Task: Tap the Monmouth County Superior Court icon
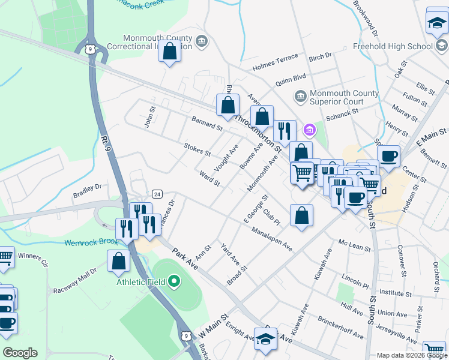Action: pos(300,96)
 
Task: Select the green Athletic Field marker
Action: pos(174,281)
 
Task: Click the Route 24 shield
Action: pos(157,194)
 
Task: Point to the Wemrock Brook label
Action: pos(91,244)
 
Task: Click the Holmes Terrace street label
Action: pos(275,58)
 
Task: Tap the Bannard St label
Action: pos(207,128)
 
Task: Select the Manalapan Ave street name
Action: pos(272,239)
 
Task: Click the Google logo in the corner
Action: pos(20,353)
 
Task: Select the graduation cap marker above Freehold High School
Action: pos(436,23)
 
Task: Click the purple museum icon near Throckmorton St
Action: pos(310,129)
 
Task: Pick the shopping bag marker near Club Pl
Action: pos(302,215)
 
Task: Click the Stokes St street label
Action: pos(197,149)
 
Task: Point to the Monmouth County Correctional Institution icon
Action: pos(202,41)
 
